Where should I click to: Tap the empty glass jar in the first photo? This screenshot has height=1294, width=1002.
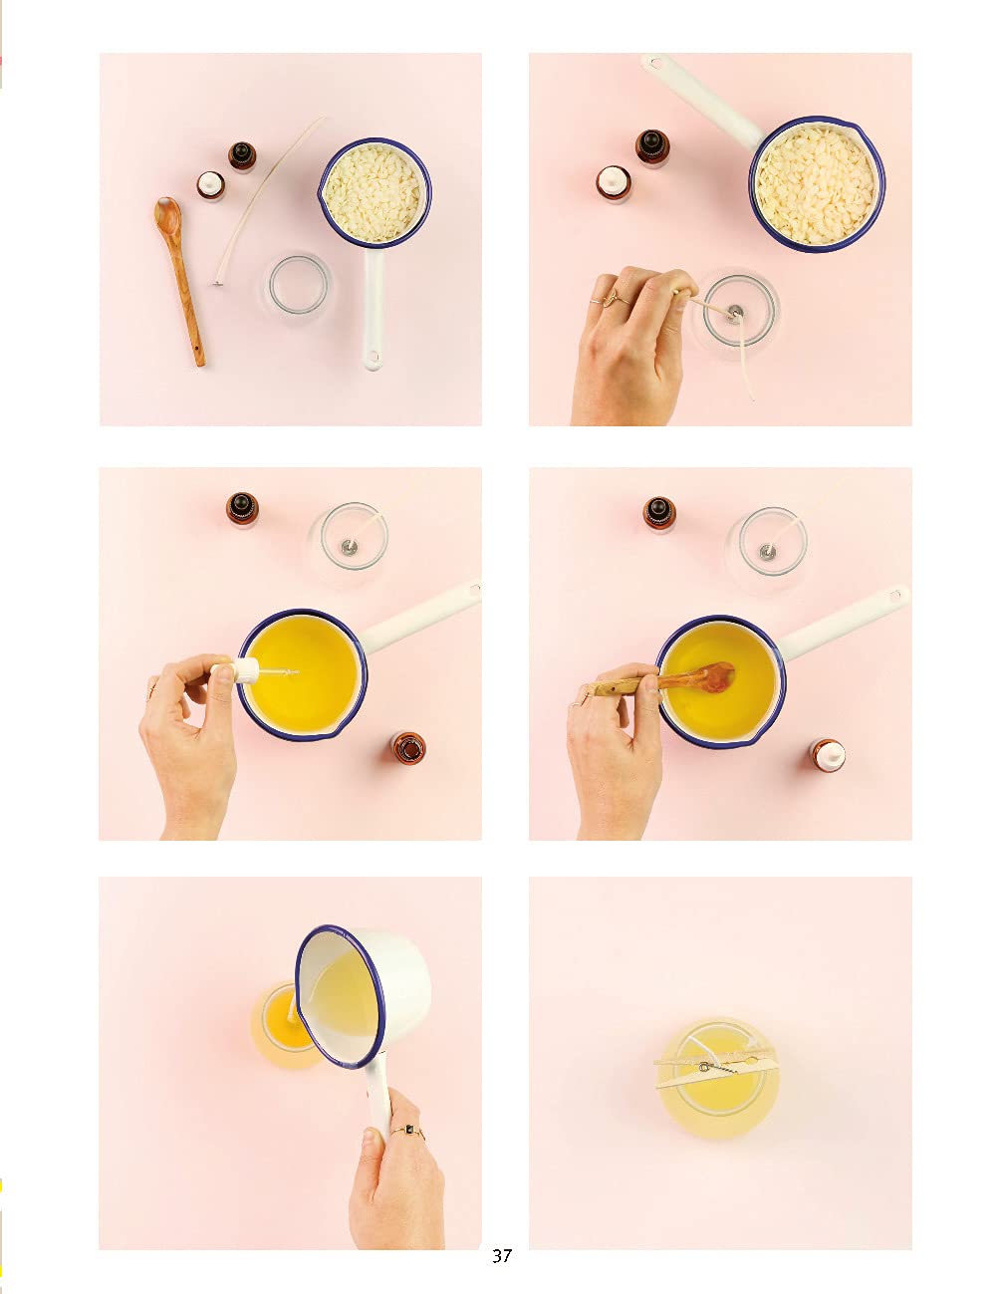pyautogui.click(x=298, y=285)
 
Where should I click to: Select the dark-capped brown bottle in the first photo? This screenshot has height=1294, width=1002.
pyautogui.click(x=242, y=156)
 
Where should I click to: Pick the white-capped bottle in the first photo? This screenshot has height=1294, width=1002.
pyautogui.click(x=211, y=185)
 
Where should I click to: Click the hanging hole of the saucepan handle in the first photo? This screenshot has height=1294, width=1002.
pyautogui.click(x=373, y=358)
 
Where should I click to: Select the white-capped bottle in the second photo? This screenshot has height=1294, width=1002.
pyautogui.click(x=614, y=184)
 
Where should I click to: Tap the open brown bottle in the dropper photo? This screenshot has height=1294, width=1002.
pyautogui.click(x=408, y=748)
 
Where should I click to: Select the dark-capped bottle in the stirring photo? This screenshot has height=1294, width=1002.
pyautogui.click(x=660, y=514)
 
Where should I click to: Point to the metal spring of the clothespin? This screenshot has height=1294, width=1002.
pyautogui.click(x=718, y=1068)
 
